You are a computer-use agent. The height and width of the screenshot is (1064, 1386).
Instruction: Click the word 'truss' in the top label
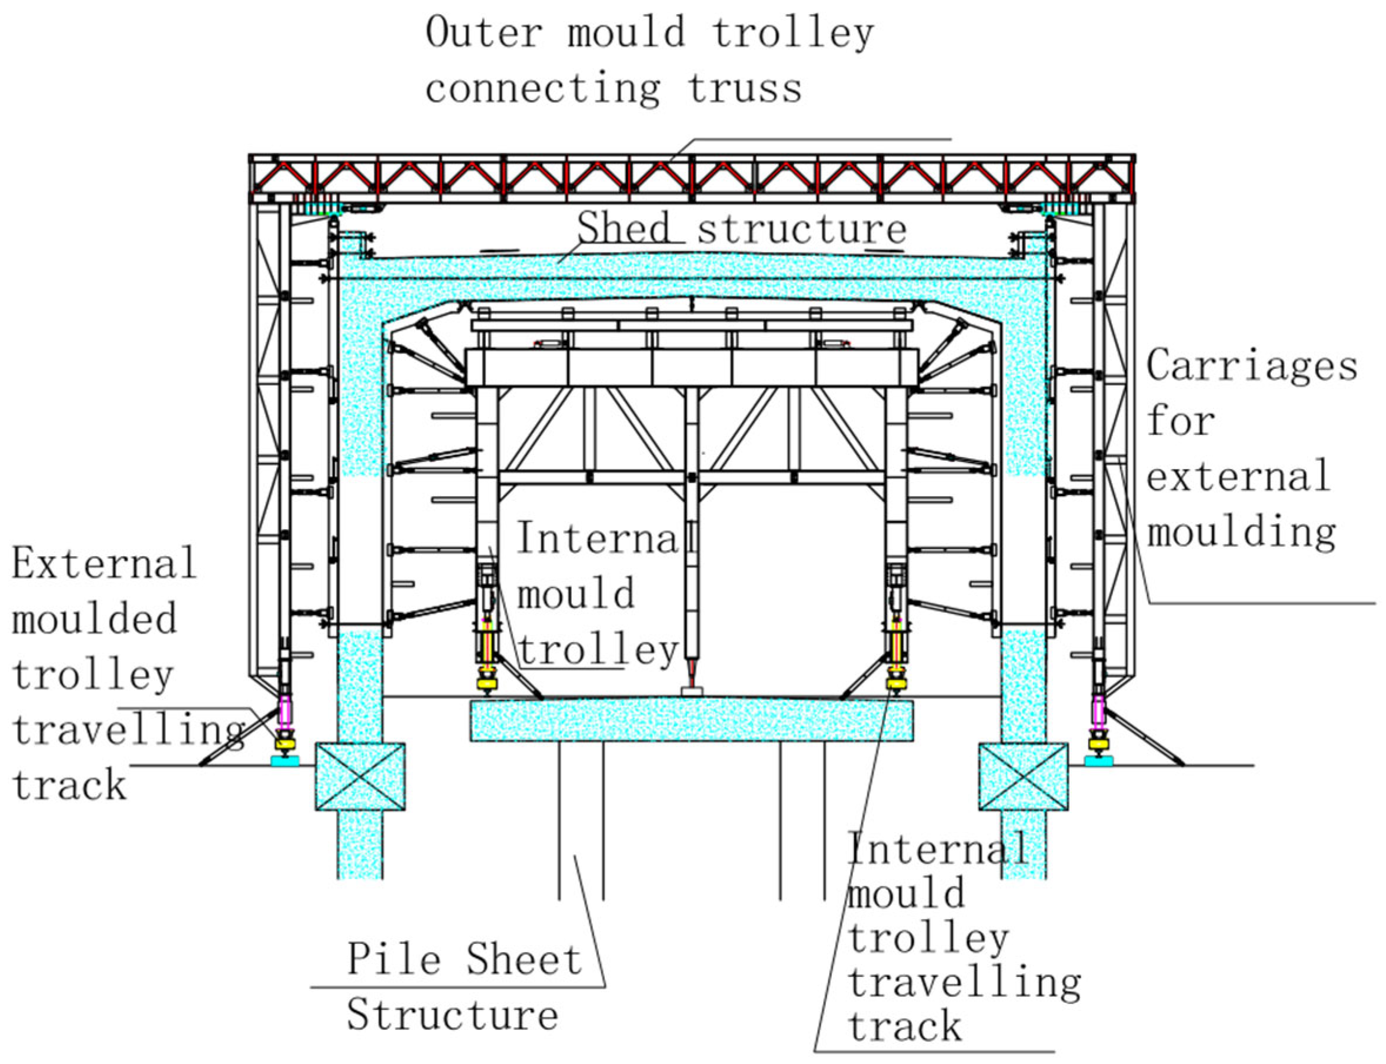745,88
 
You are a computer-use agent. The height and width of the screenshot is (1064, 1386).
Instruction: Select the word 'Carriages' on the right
1252,367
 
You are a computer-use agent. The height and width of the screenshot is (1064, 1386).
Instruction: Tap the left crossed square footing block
360,776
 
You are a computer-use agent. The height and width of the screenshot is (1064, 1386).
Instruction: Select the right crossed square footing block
1023,776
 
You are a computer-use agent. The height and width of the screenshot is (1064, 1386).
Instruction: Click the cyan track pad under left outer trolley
285,762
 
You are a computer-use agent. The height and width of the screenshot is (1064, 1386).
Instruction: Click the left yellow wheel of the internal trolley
487,684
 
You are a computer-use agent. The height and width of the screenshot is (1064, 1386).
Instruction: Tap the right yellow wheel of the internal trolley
896,684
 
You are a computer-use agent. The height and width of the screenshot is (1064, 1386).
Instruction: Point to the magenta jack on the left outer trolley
285,712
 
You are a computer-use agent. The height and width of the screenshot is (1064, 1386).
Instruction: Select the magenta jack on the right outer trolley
1098,712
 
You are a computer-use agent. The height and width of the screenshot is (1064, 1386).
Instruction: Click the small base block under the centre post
691,691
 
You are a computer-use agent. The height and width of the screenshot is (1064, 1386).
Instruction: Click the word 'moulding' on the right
1241,532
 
